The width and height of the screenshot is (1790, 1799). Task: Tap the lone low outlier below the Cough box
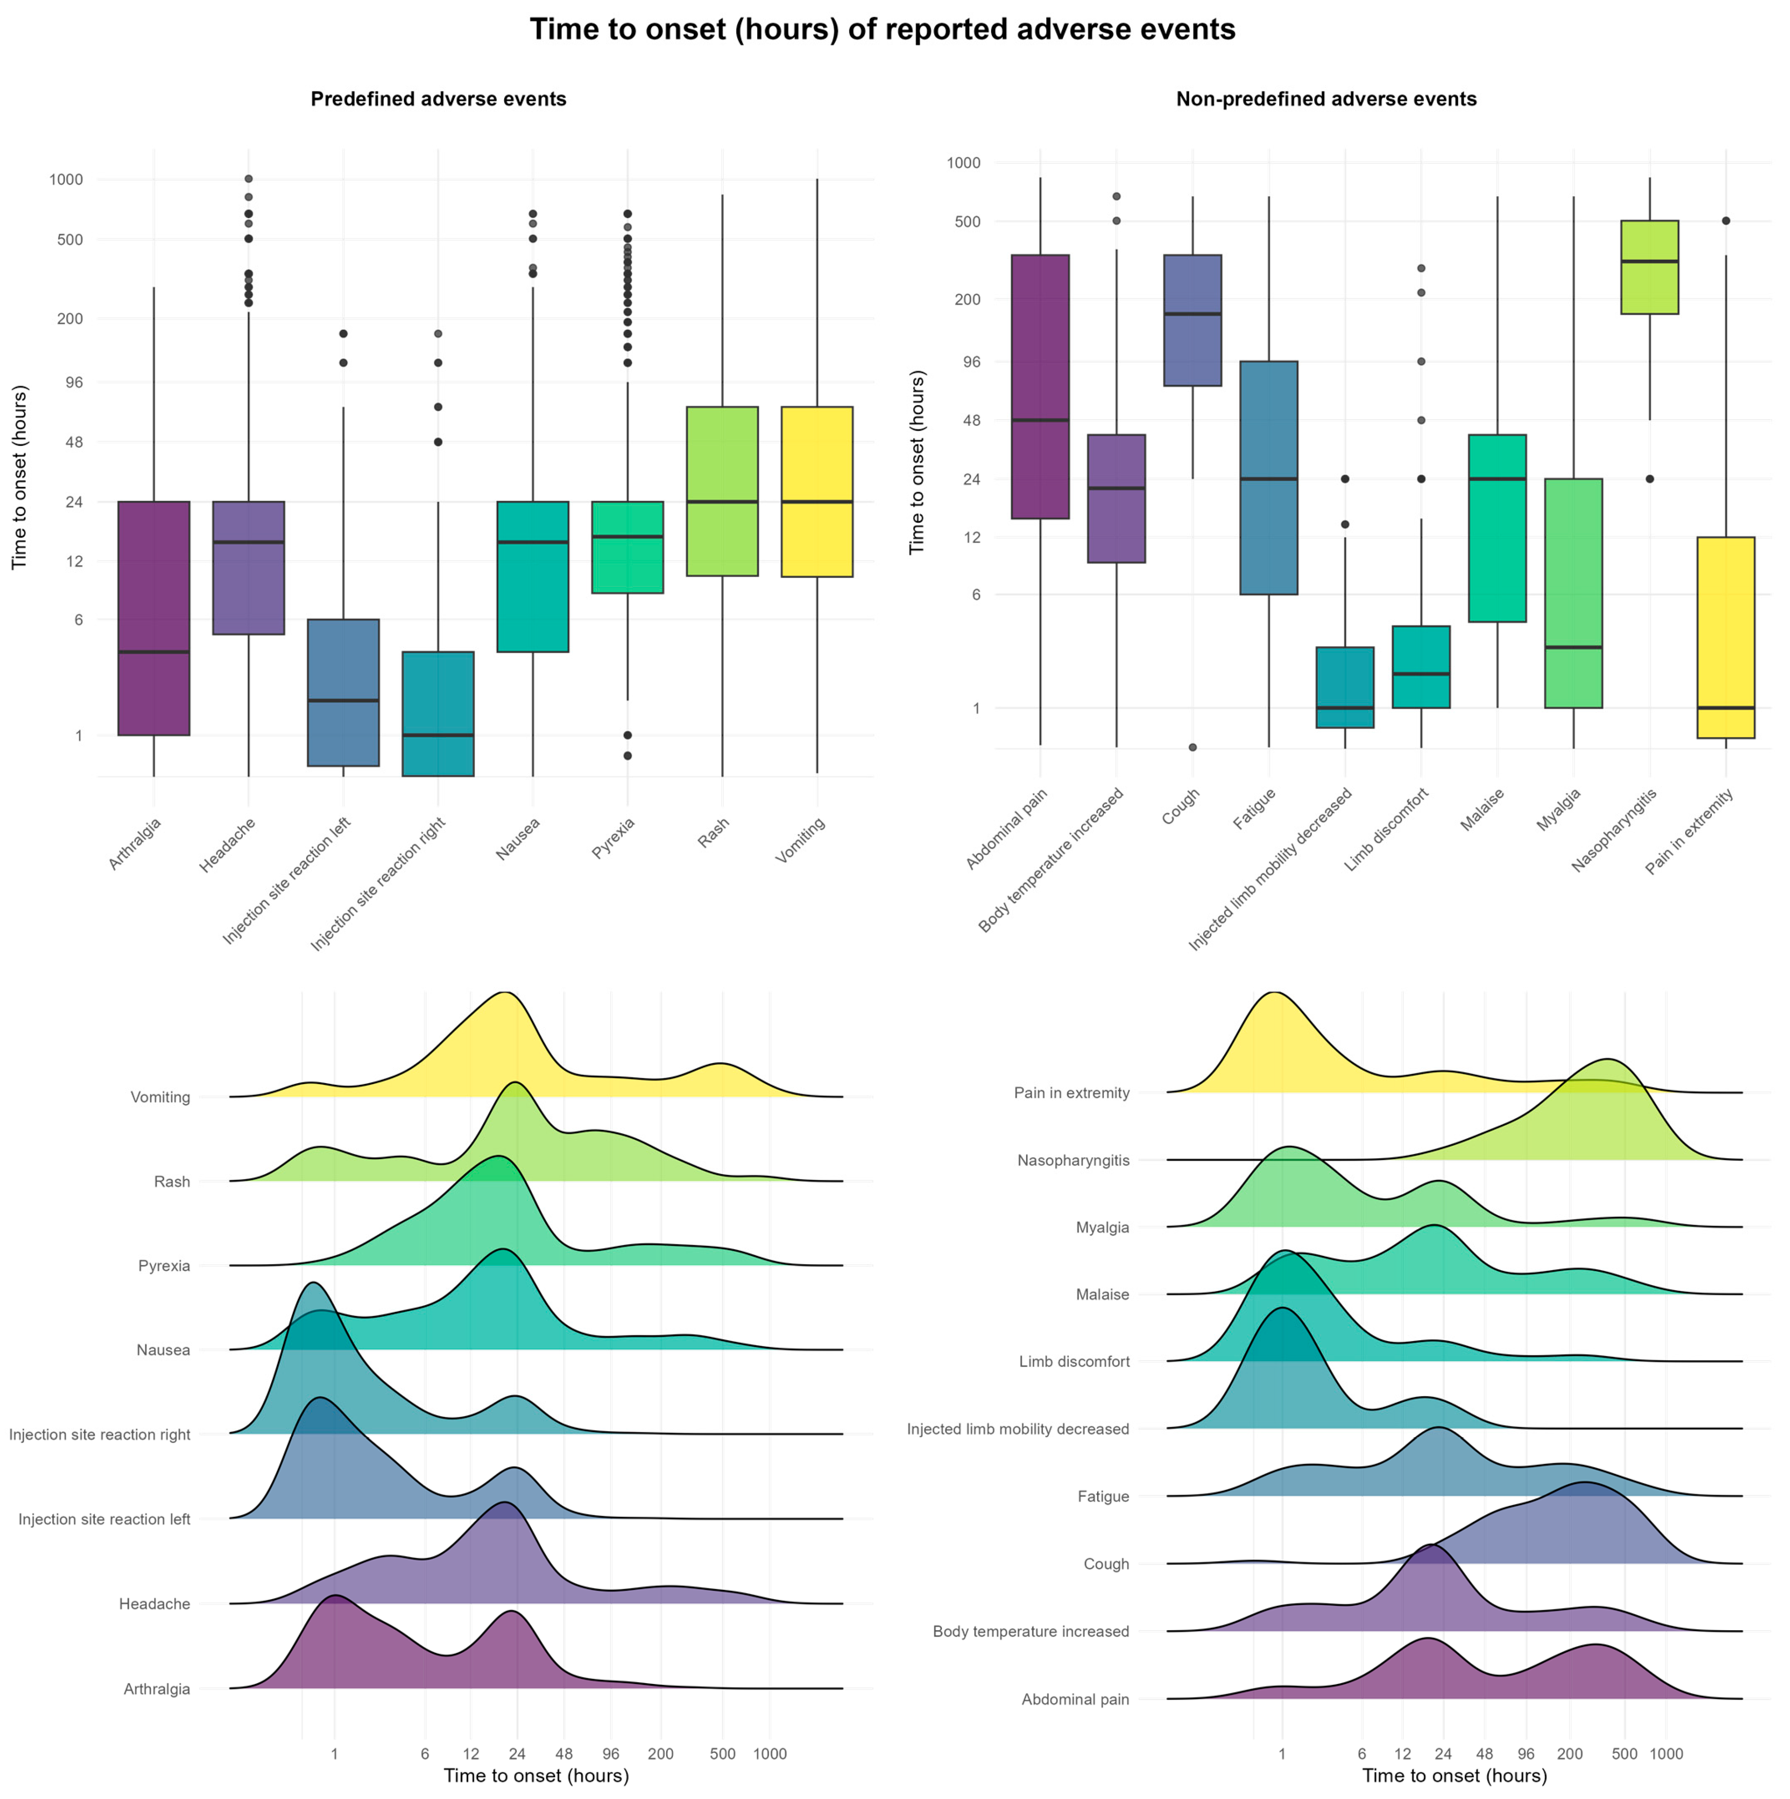tap(1193, 747)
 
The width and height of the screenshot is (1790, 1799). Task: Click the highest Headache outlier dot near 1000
tap(249, 179)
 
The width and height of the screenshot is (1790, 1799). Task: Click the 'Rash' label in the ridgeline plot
tap(172, 1182)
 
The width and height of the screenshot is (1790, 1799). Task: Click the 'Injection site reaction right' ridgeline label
tap(99, 1435)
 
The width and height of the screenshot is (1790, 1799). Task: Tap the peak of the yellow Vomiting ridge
tap(504, 993)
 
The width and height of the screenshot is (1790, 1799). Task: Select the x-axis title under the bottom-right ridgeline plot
tap(1454, 1776)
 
